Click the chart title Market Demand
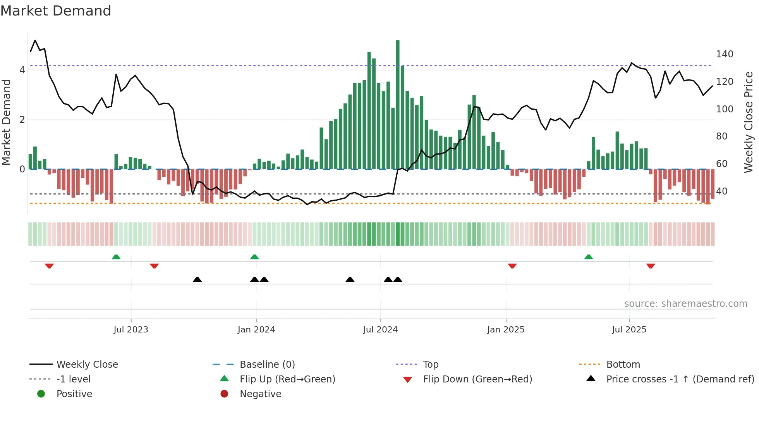(x=56, y=10)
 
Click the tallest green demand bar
(x=398, y=105)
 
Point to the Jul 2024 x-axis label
(x=380, y=330)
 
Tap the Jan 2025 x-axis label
(x=506, y=330)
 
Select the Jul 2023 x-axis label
(x=131, y=330)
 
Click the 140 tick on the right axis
(x=725, y=54)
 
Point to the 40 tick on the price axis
(x=722, y=191)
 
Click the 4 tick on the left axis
(x=22, y=70)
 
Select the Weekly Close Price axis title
(x=749, y=122)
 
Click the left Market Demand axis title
(x=6, y=122)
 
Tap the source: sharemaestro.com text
(x=685, y=304)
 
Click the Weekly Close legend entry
(x=87, y=365)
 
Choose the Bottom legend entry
(x=623, y=365)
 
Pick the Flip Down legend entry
(x=477, y=379)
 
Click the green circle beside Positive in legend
(x=41, y=394)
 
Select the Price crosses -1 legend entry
(x=680, y=379)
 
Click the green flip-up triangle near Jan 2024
(x=254, y=257)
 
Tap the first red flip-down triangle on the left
(x=49, y=266)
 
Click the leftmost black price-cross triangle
(x=197, y=279)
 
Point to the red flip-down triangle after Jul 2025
(x=651, y=266)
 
